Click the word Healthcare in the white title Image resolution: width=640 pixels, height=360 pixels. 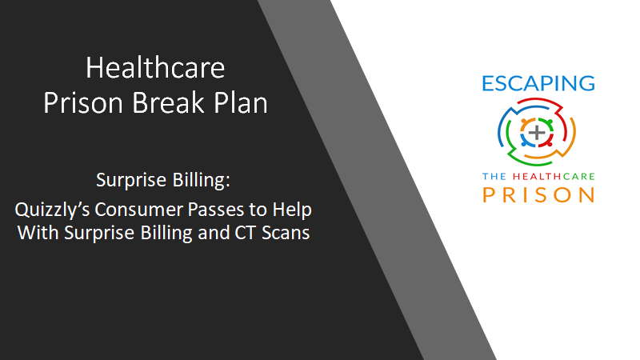click(x=155, y=68)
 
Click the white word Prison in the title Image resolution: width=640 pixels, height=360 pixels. click(x=83, y=102)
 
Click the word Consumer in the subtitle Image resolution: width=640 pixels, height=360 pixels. click(x=138, y=210)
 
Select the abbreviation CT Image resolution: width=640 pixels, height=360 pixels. click(x=246, y=233)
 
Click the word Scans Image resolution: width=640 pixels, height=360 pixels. click(x=286, y=233)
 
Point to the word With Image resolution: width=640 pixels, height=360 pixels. click(x=38, y=233)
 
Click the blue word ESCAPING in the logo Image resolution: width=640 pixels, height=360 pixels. click(x=538, y=83)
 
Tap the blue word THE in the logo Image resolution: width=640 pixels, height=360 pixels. click(x=494, y=176)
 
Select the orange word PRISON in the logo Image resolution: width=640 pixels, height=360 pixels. click(x=538, y=194)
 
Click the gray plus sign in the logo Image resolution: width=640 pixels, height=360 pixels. click(x=537, y=132)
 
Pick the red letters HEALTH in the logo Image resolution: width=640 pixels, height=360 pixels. click(x=538, y=176)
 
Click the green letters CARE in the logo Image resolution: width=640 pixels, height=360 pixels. click(x=578, y=176)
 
